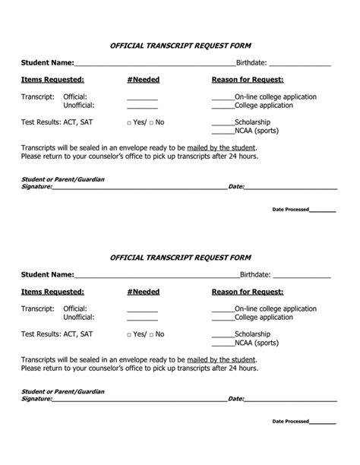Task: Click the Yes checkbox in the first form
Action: pyautogui.click(x=130, y=122)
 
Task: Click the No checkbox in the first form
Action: pyautogui.click(x=152, y=122)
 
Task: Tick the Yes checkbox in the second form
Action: pyautogui.click(x=130, y=334)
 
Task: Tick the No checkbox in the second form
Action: pyautogui.click(x=152, y=334)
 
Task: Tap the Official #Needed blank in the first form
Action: pyautogui.click(x=142, y=99)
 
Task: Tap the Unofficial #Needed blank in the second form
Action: pyautogui.click(x=142, y=319)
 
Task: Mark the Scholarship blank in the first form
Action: pyautogui.click(x=223, y=124)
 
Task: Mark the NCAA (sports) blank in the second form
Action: pyautogui.click(x=223, y=344)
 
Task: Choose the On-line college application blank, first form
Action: pyautogui.click(x=223, y=99)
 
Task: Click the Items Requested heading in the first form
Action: pyautogui.click(x=52, y=79)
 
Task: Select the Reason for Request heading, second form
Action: pyautogui.click(x=248, y=291)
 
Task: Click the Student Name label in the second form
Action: pyautogui.click(x=47, y=274)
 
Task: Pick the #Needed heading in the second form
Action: pyautogui.click(x=144, y=291)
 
